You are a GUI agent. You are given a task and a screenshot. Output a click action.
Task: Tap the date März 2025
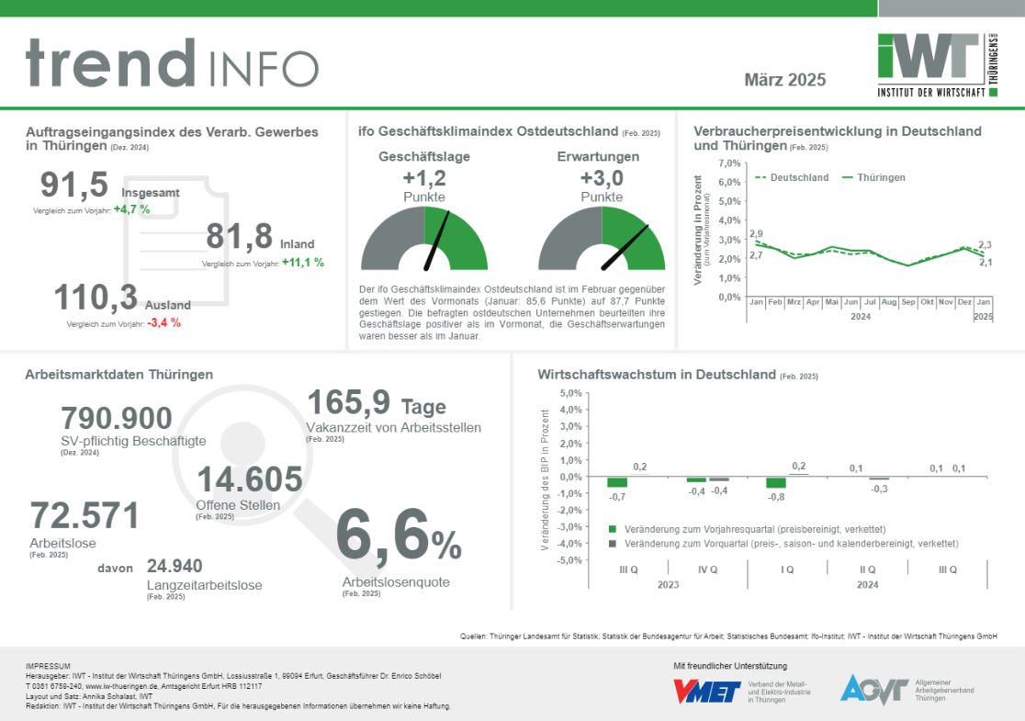tap(784, 80)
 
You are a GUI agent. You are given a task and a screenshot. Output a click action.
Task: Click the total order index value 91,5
tap(74, 185)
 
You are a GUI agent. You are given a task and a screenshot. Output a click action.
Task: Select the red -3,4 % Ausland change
tap(163, 323)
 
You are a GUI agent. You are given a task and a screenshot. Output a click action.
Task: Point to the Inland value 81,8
tap(239, 237)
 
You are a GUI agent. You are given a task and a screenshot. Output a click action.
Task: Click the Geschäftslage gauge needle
tap(436, 242)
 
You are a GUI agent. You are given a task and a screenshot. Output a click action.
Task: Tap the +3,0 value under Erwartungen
tap(602, 178)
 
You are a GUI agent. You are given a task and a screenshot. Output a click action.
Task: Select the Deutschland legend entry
tap(792, 177)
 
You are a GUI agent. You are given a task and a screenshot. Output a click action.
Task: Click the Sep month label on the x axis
tap(907, 301)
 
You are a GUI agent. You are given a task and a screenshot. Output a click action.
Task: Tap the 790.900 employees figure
tap(116, 419)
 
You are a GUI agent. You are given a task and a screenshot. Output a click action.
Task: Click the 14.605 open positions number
tap(249, 479)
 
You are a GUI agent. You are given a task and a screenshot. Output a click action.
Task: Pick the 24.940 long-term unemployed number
tap(175, 566)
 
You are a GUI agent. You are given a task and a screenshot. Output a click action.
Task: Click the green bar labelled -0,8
tap(776, 483)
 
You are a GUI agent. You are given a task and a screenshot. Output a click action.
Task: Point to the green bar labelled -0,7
tap(617, 482)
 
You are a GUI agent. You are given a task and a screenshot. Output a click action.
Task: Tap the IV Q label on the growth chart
tap(708, 569)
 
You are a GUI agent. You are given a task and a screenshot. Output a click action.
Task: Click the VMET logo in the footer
tap(706, 691)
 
